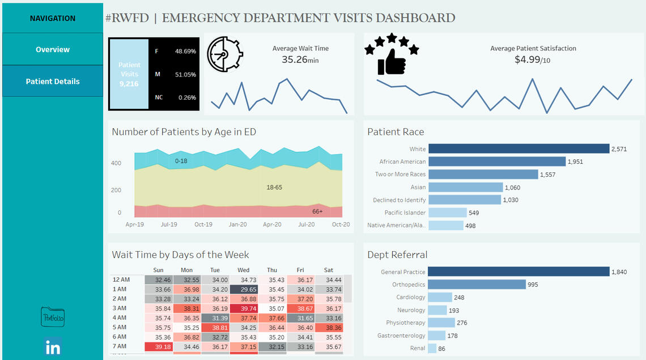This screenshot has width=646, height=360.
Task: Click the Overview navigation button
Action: [53, 49]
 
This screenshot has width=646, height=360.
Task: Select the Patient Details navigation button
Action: [53, 81]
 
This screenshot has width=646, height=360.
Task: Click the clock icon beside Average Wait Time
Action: [224, 54]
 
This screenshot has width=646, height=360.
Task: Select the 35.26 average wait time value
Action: [295, 59]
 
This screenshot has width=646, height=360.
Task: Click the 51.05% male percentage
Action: [185, 74]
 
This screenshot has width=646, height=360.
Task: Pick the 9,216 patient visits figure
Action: [129, 84]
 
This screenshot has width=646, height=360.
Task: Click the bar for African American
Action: [496, 162]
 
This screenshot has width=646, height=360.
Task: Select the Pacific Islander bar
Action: [447, 213]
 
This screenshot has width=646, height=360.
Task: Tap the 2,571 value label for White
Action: [619, 149]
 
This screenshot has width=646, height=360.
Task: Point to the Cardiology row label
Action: [410, 297]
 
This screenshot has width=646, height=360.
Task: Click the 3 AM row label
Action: [121, 308]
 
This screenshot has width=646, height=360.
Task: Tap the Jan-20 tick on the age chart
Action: [237, 225]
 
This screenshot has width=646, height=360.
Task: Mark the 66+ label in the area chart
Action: [317, 211]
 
